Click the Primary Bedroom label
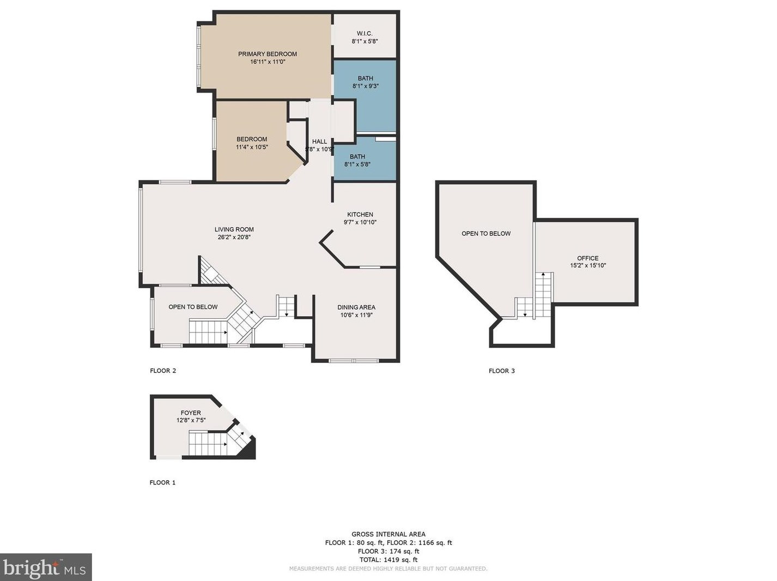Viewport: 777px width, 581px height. (x=267, y=54)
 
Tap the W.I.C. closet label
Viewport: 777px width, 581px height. (x=365, y=33)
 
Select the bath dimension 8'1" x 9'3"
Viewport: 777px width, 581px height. (x=365, y=86)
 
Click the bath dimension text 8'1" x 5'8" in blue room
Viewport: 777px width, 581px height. (x=357, y=165)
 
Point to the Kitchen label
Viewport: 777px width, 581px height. (x=360, y=214)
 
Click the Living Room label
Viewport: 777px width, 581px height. (x=234, y=229)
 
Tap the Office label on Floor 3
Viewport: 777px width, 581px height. (x=587, y=258)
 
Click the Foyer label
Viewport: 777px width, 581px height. (x=191, y=413)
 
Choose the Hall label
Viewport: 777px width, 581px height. (x=319, y=141)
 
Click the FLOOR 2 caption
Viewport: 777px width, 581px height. (x=163, y=371)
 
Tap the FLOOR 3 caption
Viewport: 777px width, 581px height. (x=501, y=371)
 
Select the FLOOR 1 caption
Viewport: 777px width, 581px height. (x=162, y=482)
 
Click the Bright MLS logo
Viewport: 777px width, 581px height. (x=46, y=567)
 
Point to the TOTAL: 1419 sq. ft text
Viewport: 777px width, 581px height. (x=388, y=560)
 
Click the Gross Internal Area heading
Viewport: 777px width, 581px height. (x=388, y=534)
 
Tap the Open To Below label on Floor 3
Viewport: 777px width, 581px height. (x=486, y=233)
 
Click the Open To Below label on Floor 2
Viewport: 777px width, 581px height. (x=193, y=307)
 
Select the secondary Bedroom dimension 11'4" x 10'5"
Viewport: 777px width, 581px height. (x=252, y=147)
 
